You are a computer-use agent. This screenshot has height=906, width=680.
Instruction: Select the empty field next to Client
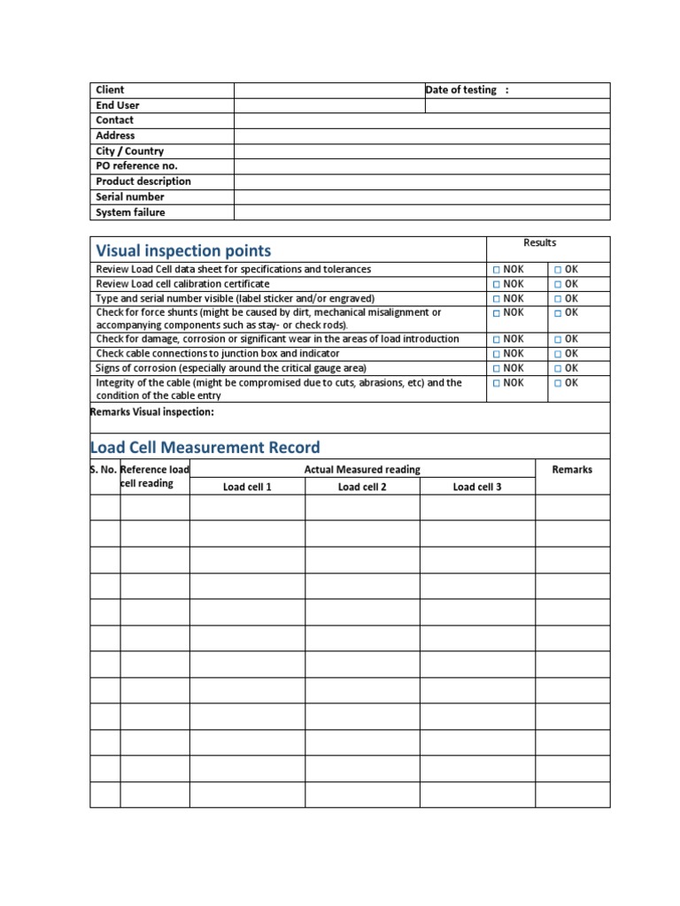328,90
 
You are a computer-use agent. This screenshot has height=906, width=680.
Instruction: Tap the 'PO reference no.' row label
136,166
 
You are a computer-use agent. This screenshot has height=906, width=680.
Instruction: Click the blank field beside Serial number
421,197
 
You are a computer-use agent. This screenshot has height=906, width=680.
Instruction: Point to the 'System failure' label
130,212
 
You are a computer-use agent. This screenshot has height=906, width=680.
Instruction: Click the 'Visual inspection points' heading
183,251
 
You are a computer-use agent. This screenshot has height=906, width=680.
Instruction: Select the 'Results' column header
539,242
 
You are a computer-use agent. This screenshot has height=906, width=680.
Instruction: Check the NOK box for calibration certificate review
498,284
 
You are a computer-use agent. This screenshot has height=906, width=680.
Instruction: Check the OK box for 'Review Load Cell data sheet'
558,269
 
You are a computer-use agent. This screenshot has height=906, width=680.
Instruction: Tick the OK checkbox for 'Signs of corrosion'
558,368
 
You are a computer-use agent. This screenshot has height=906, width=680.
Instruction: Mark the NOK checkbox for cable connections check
498,354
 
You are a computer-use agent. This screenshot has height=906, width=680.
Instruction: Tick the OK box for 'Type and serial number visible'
558,299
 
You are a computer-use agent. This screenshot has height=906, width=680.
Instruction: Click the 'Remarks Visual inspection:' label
152,412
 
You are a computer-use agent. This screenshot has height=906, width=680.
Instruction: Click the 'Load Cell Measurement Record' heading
205,448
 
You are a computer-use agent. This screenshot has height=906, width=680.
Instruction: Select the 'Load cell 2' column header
362,488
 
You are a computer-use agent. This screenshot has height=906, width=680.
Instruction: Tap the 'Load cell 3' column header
477,488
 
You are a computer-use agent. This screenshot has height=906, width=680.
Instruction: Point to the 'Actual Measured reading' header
362,470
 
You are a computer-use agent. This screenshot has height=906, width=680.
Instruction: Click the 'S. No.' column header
104,470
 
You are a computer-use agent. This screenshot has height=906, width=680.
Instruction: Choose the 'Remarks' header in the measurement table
572,470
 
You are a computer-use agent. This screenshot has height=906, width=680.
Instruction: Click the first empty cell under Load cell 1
247,507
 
